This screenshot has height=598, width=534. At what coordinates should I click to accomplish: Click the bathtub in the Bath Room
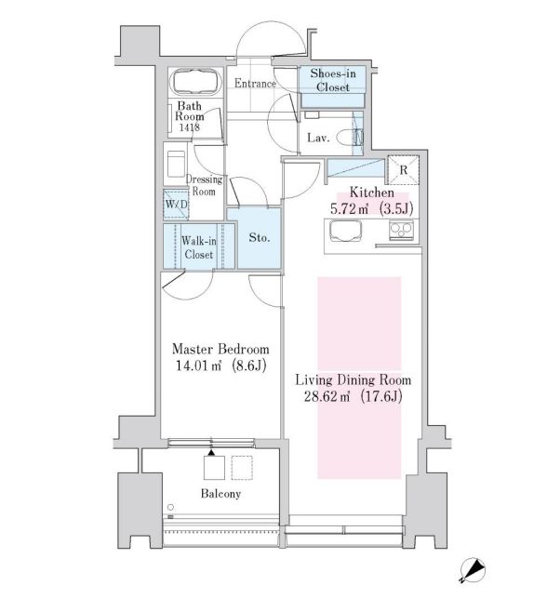[193, 85]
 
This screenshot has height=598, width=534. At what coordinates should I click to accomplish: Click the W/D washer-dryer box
[176, 203]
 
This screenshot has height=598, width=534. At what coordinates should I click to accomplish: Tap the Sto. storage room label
[260, 237]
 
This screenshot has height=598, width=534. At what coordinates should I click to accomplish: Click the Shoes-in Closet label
[330, 81]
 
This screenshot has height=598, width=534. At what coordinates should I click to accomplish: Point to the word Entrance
[254, 84]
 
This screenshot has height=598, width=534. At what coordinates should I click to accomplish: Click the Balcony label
[220, 494]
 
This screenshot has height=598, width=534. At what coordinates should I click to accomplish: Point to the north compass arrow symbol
[474, 569]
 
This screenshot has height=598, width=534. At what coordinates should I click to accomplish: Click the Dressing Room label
[202, 185]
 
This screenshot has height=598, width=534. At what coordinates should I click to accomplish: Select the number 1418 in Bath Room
[190, 128]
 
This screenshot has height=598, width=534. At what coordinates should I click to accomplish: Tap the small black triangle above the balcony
[211, 452]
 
